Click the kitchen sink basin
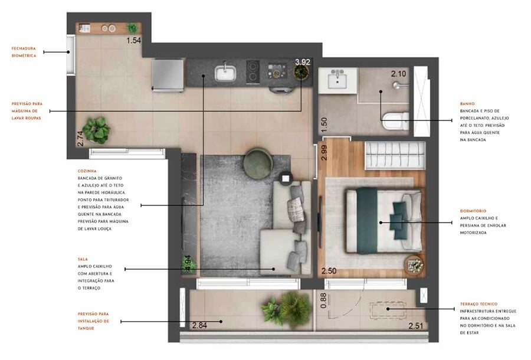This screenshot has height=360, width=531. coord(225,73)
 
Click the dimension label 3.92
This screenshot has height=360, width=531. coord(302,61)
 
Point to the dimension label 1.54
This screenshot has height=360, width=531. coord(135,41)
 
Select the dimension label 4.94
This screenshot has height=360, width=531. coord(188,263)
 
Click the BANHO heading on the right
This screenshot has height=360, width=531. coord(467,104)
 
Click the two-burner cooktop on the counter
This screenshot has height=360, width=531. coord(254,72)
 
